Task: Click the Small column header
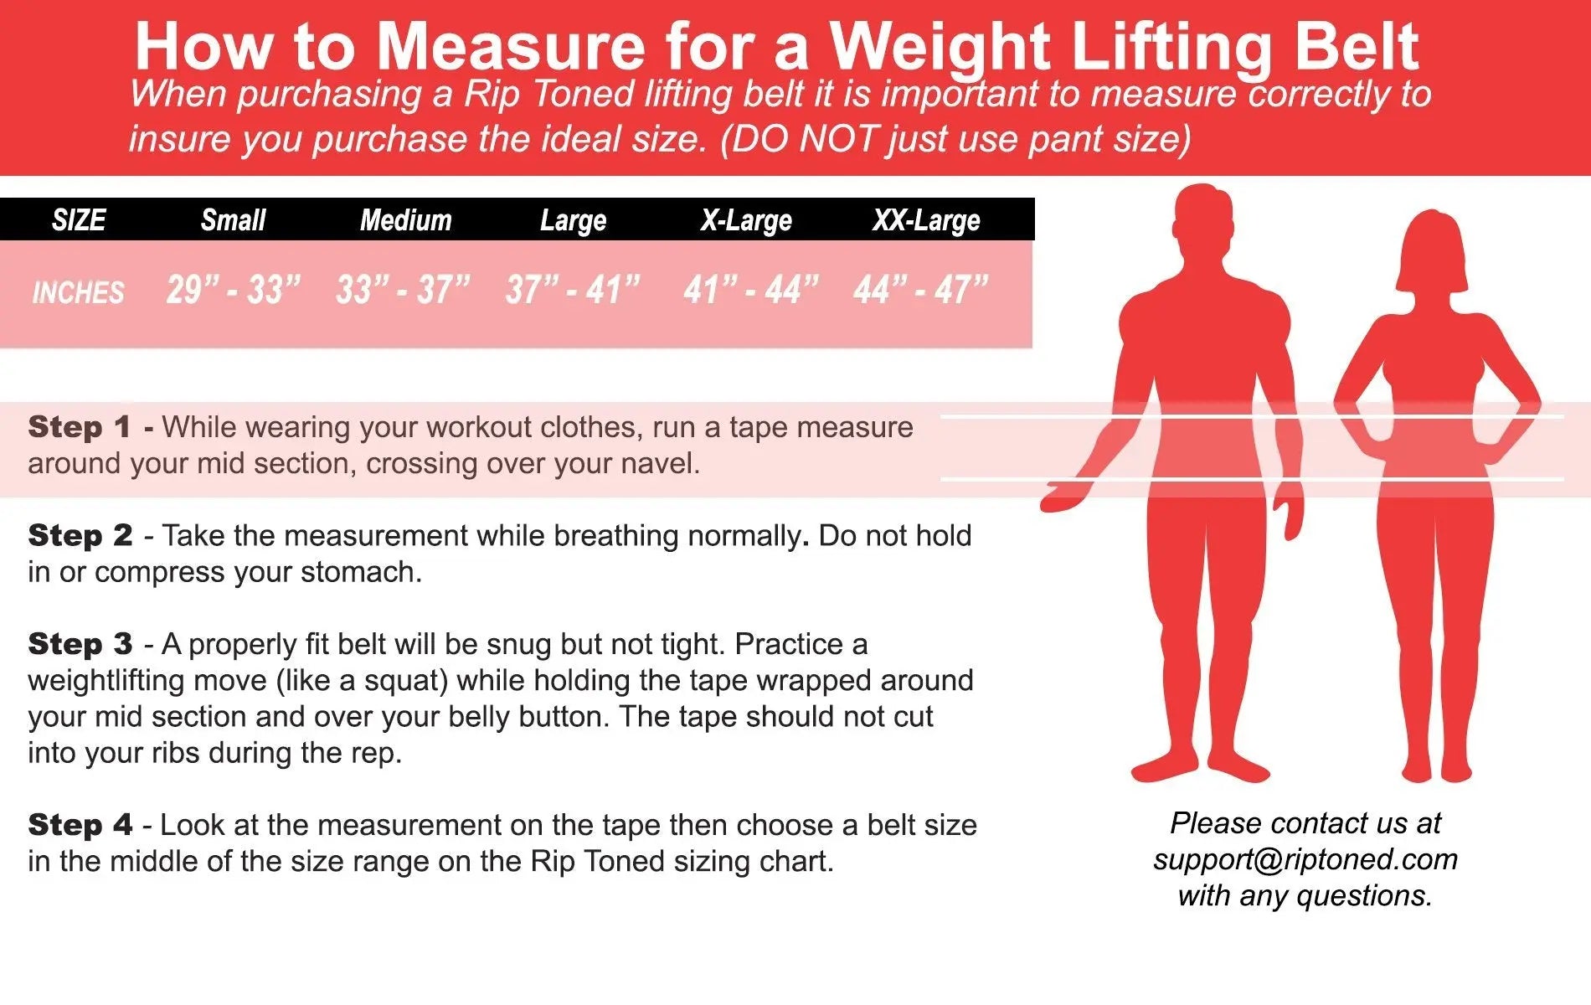click(x=233, y=220)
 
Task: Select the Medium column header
click(x=405, y=220)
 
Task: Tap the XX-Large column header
click(x=926, y=220)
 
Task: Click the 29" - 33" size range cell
click(x=233, y=290)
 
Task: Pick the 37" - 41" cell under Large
click(x=573, y=290)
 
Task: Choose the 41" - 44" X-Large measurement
click(x=750, y=290)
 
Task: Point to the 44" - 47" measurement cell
click(x=921, y=290)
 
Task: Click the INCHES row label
click(x=78, y=292)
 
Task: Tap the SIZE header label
click(x=79, y=220)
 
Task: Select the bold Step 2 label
click(x=80, y=535)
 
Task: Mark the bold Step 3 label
click(x=80, y=643)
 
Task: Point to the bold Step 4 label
click(x=80, y=824)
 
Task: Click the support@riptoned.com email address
click(x=1305, y=859)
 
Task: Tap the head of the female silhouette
click(x=1434, y=251)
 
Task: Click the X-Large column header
click(x=746, y=220)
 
